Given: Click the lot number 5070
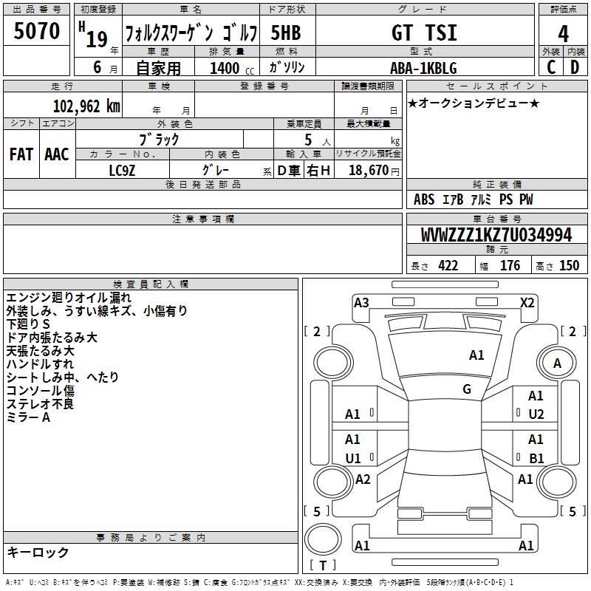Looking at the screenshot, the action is (37, 31).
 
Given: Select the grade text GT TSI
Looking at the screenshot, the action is (424, 33).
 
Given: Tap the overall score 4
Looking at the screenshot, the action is (563, 34).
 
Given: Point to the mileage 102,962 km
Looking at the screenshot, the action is (86, 106).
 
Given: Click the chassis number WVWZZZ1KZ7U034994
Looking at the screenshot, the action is (496, 235).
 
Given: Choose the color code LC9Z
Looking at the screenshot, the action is (122, 171).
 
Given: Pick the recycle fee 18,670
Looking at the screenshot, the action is (369, 171).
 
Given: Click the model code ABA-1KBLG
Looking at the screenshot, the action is (423, 68).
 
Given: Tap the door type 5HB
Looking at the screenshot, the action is (286, 33).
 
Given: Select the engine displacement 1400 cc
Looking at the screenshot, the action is (232, 68).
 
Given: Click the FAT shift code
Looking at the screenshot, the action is (21, 154).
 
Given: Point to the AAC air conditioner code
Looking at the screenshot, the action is (57, 154).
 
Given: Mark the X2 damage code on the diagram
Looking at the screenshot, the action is (527, 303).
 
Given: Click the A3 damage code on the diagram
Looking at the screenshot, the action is (361, 303).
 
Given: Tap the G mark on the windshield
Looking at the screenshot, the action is (467, 389).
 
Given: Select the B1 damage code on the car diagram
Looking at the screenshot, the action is (536, 458).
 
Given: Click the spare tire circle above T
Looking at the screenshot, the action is (323, 539).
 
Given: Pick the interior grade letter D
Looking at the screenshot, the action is (575, 67).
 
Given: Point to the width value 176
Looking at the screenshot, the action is (510, 265).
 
